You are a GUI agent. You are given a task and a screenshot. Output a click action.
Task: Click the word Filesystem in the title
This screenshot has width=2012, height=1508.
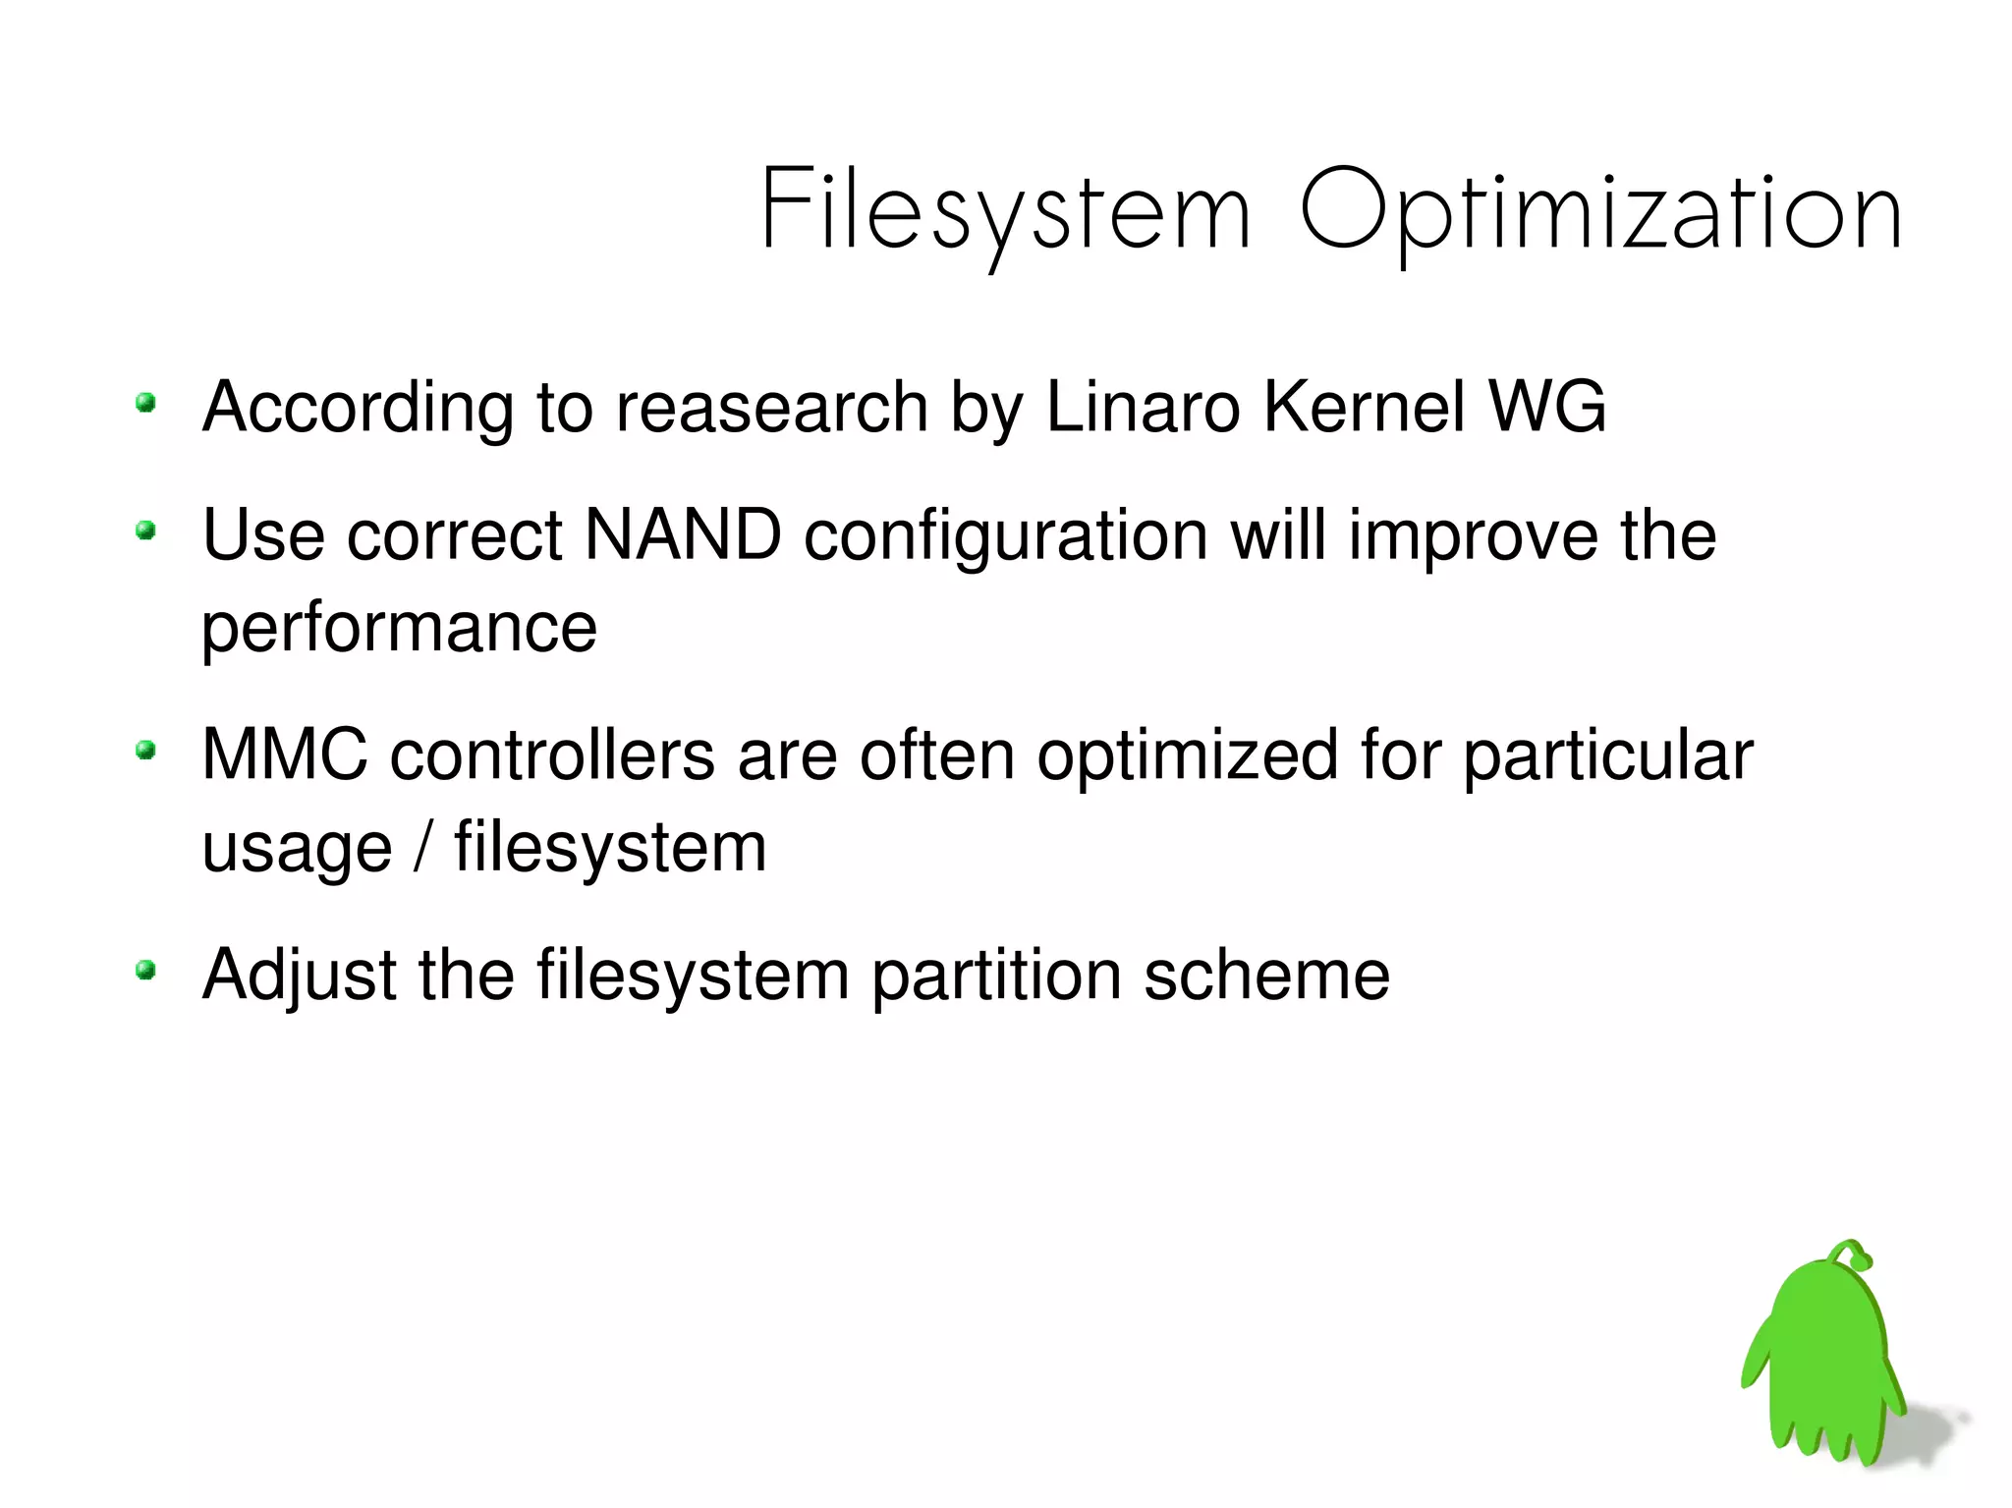coord(1004,212)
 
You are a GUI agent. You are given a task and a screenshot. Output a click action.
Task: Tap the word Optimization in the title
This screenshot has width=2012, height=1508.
coord(1600,212)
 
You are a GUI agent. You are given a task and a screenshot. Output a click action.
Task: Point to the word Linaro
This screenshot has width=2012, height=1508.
coord(1143,407)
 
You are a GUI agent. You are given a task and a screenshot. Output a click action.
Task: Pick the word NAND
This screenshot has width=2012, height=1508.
coord(683,535)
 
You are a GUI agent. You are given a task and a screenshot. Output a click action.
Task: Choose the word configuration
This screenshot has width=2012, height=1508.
coord(1006,537)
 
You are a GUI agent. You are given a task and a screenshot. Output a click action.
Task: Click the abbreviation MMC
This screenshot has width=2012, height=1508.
coord(284,755)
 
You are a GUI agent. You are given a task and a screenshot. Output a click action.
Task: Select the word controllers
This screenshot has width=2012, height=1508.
coord(552,755)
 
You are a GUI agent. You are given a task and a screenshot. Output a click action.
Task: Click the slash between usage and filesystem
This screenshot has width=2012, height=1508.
coord(422,847)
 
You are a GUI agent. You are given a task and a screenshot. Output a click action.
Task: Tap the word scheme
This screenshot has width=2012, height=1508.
coord(1266,976)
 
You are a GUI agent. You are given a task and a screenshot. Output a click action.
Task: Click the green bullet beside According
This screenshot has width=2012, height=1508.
coord(146,403)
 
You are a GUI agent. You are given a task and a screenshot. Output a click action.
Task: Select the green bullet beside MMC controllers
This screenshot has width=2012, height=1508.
coord(146,752)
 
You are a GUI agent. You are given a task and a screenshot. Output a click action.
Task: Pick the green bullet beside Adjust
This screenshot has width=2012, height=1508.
coord(146,972)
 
